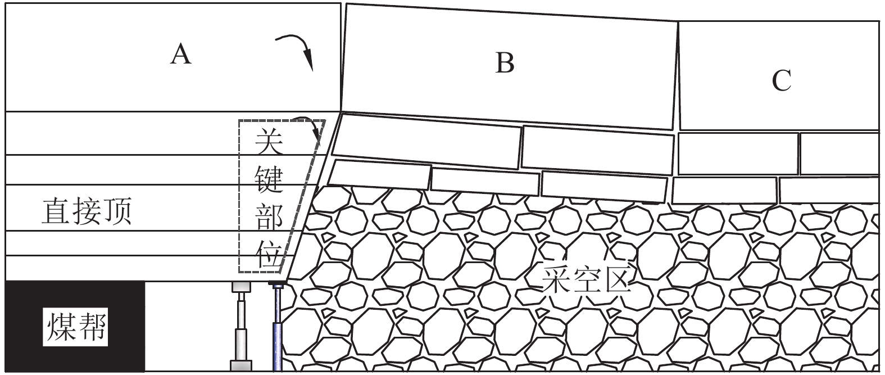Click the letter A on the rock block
pyautogui.click(x=181, y=55)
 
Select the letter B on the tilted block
pyautogui.click(x=505, y=62)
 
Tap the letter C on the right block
pyautogui.click(x=781, y=80)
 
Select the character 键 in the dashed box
pyautogui.click(x=269, y=179)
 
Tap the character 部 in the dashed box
pyautogui.click(x=269, y=217)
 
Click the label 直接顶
pyautogui.click(x=87, y=213)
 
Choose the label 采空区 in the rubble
pyautogui.click(x=587, y=278)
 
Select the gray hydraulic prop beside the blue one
pyautogui.click(x=240, y=326)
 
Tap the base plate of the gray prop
pyautogui.click(x=240, y=365)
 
